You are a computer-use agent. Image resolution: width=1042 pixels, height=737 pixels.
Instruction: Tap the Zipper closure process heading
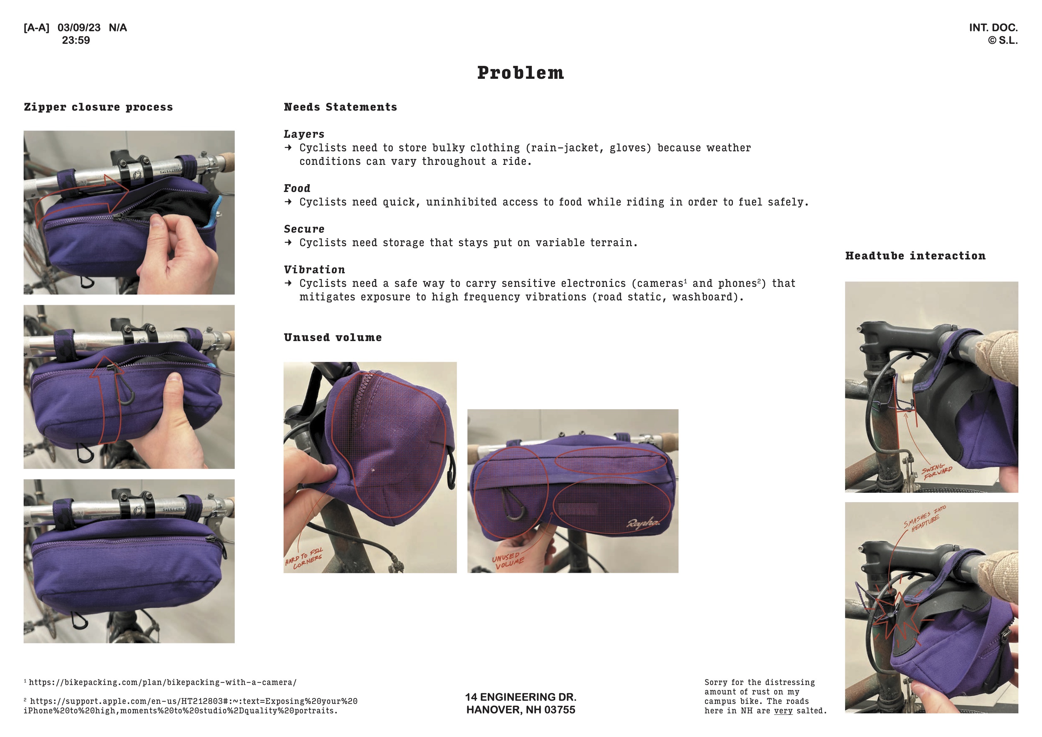pos(99,107)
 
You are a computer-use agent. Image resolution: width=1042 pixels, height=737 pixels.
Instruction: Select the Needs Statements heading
pos(340,107)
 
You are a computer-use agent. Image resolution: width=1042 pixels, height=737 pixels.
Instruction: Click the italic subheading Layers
pos(304,134)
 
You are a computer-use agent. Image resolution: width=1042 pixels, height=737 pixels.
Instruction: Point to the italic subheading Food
pos(297,189)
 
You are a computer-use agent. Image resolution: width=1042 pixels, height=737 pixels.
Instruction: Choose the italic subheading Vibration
pos(314,270)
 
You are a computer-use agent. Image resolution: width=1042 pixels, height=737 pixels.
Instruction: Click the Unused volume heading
pos(333,337)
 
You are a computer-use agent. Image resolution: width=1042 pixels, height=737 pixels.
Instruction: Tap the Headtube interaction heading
pos(915,256)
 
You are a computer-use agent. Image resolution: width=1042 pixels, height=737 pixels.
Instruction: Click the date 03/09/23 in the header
pos(79,28)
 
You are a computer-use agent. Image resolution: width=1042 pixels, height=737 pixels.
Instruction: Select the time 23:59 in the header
pos(76,40)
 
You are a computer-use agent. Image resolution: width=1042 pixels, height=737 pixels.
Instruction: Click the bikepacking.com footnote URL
pos(163,682)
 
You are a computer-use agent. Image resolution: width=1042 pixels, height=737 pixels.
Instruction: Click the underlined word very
pos(783,711)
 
